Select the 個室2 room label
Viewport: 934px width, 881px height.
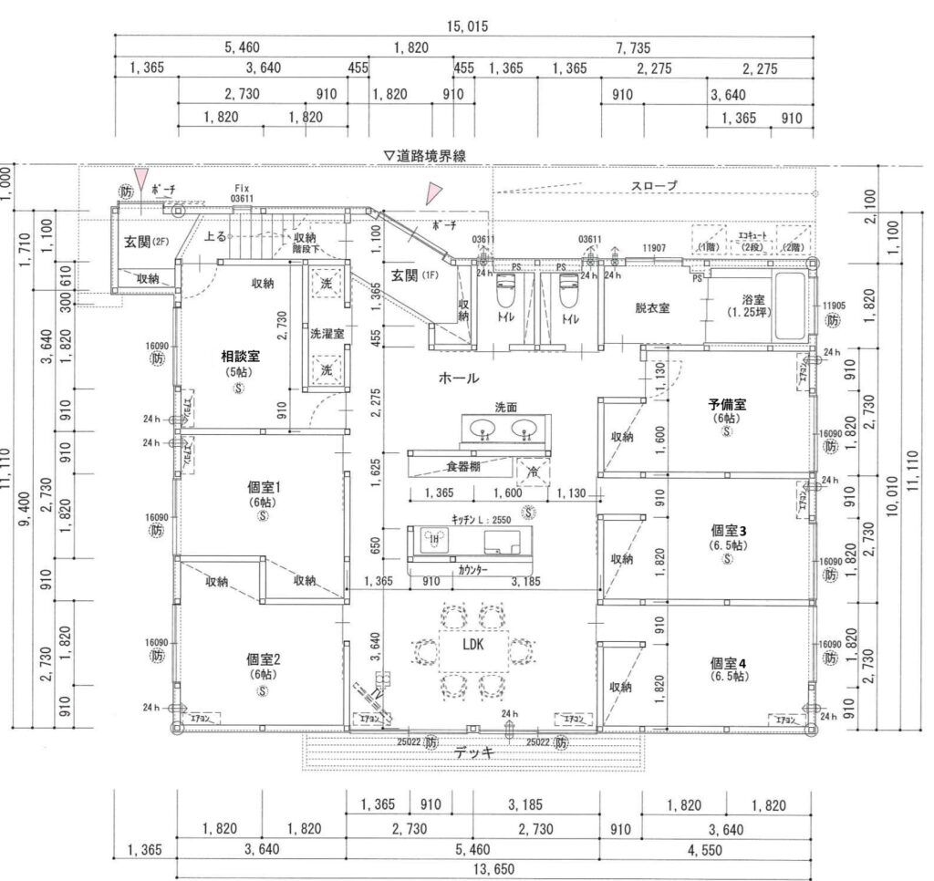coord(263,659)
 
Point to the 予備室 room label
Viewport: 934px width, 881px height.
coord(727,404)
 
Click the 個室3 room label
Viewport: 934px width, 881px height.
coord(729,530)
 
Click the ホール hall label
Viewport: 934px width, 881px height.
coord(459,377)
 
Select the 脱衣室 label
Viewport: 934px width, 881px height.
coord(653,308)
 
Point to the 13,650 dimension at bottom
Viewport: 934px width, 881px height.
coord(493,869)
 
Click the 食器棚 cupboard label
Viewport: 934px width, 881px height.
coord(463,466)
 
